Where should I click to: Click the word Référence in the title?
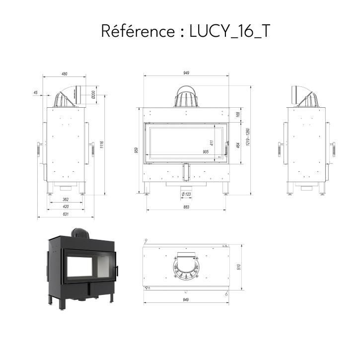[138, 31]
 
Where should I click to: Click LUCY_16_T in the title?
[229, 31]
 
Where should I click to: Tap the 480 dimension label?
[65, 74]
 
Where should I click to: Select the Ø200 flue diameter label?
[93, 94]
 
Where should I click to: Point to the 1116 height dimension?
[102, 144]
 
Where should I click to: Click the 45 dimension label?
[35, 92]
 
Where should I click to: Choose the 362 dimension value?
[66, 200]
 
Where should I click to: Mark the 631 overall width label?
[66, 214]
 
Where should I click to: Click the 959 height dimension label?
[137, 150]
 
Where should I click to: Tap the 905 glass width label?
[206, 152]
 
